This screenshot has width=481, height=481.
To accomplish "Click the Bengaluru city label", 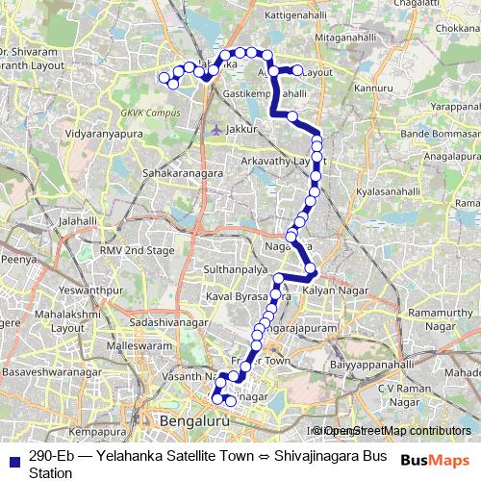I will [196, 421].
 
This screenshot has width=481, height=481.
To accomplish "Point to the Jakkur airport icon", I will [215, 127].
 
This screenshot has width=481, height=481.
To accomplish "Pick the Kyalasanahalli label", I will [387, 192].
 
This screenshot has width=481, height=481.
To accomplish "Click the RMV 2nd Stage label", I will [138, 250].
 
